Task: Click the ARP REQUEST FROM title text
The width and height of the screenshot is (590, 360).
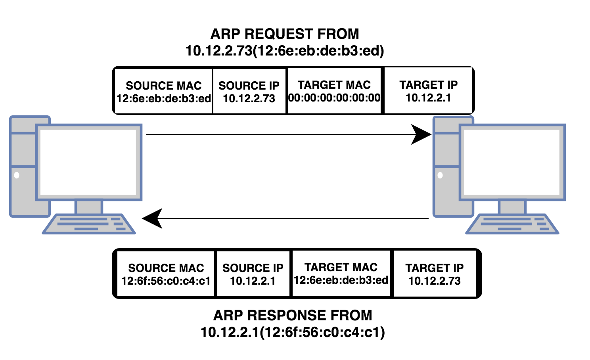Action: click(x=284, y=34)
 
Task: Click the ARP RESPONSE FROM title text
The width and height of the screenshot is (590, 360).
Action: click(x=293, y=316)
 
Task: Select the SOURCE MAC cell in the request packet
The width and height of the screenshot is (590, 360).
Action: click(x=163, y=92)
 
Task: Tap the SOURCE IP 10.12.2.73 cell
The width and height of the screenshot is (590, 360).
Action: click(x=249, y=92)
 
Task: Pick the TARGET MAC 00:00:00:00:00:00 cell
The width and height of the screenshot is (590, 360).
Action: click(x=334, y=91)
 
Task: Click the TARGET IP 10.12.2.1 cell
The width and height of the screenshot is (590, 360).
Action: click(x=428, y=91)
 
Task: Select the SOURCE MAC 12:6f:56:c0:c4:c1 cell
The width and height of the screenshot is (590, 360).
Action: click(x=166, y=274)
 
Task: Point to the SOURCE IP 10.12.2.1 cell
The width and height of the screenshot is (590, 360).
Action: click(x=253, y=274)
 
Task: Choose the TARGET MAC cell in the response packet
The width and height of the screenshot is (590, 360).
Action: click(x=341, y=274)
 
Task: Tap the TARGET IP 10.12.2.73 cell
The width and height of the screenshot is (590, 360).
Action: click(x=435, y=274)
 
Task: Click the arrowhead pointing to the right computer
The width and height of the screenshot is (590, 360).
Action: click(x=421, y=134)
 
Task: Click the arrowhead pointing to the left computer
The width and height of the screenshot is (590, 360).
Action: click(x=153, y=218)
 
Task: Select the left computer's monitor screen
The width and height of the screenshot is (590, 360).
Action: click(x=89, y=162)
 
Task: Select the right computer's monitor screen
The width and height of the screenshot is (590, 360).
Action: click(x=512, y=162)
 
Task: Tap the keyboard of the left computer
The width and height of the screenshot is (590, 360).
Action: click(x=89, y=224)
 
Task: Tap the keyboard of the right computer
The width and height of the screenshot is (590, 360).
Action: click(x=512, y=224)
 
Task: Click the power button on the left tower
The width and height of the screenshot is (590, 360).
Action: click(x=17, y=175)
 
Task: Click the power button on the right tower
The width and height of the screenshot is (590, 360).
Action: click(x=440, y=175)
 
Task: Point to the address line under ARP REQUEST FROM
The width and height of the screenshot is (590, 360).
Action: click(x=284, y=51)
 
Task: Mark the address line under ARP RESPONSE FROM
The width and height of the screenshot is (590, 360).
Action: click(x=293, y=332)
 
